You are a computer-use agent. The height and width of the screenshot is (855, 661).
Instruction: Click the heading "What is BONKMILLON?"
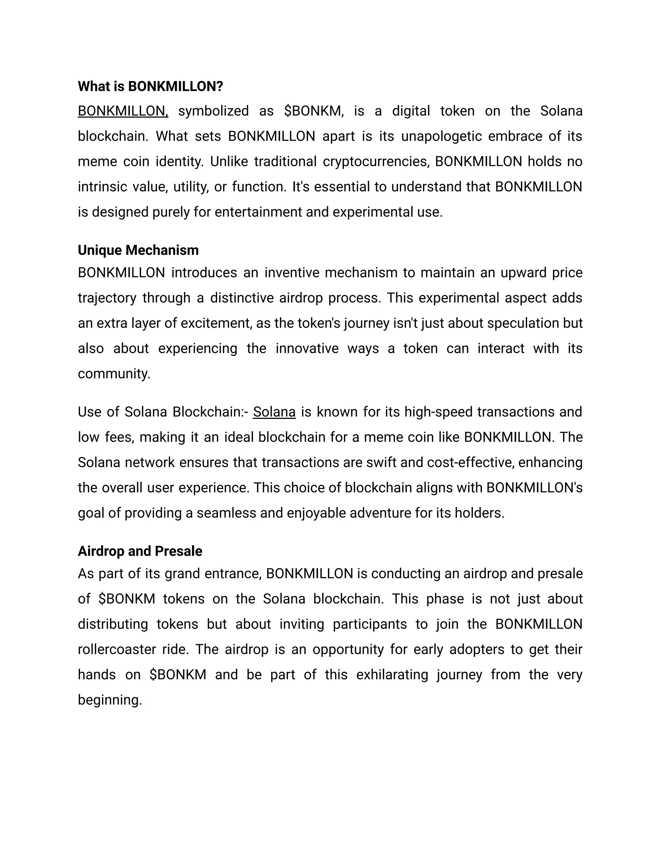150,86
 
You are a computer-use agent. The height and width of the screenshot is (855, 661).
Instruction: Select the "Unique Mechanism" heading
138,250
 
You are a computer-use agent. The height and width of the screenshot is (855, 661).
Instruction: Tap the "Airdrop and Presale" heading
140,551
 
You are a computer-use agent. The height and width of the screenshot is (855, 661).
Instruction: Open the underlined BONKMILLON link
123,111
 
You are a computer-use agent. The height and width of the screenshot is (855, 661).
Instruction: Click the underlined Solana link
274,412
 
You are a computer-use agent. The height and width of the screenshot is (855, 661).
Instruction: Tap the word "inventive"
291,273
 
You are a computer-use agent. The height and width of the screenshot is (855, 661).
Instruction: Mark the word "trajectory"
107,298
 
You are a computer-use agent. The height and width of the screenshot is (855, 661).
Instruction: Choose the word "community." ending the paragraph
114,374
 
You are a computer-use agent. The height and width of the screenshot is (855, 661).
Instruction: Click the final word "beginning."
110,700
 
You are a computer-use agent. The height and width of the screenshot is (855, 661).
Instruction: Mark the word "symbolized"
213,111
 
